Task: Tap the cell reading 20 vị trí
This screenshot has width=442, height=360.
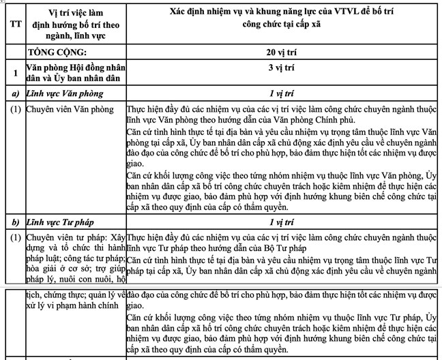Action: (281, 51)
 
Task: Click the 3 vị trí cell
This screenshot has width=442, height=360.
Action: (281, 70)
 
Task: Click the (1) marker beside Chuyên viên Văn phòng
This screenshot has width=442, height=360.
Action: (12, 108)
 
